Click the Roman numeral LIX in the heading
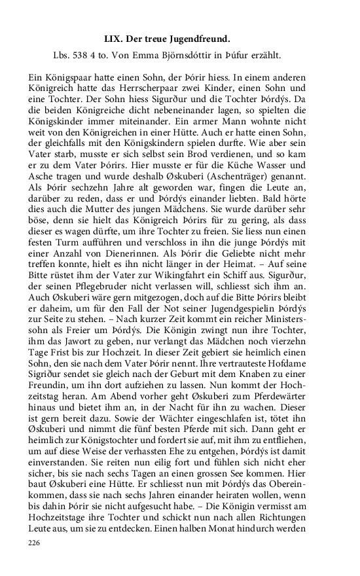[114, 39]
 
